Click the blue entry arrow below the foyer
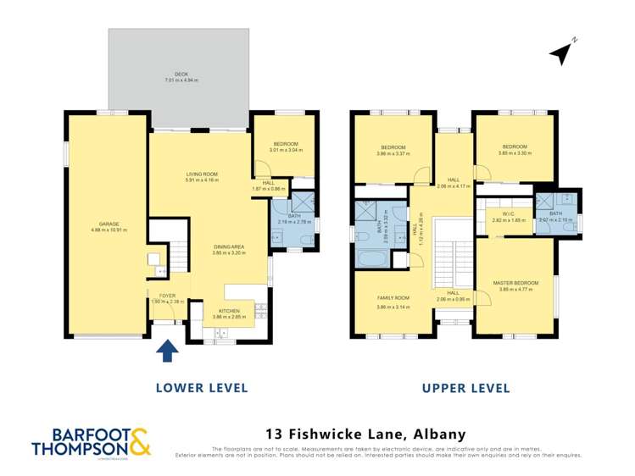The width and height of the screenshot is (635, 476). click(x=168, y=350)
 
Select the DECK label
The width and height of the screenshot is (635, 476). click(x=181, y=75)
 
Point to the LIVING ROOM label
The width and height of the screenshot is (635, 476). click(x=203, y=174)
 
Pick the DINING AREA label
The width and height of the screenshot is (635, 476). click(x=228, y=246)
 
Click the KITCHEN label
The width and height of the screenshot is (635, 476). click(x=228, y=311)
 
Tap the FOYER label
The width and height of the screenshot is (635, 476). click(x=167, y=296)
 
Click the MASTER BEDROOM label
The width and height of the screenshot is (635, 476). click(x=515, y=283)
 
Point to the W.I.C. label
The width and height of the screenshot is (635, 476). click(x=509, y=214)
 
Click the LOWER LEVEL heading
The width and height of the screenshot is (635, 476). click(x=202, y=388)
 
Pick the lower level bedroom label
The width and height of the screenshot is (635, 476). click(x=285, y=144)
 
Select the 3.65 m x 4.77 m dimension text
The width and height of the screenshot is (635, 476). click(x=515, y=290)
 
